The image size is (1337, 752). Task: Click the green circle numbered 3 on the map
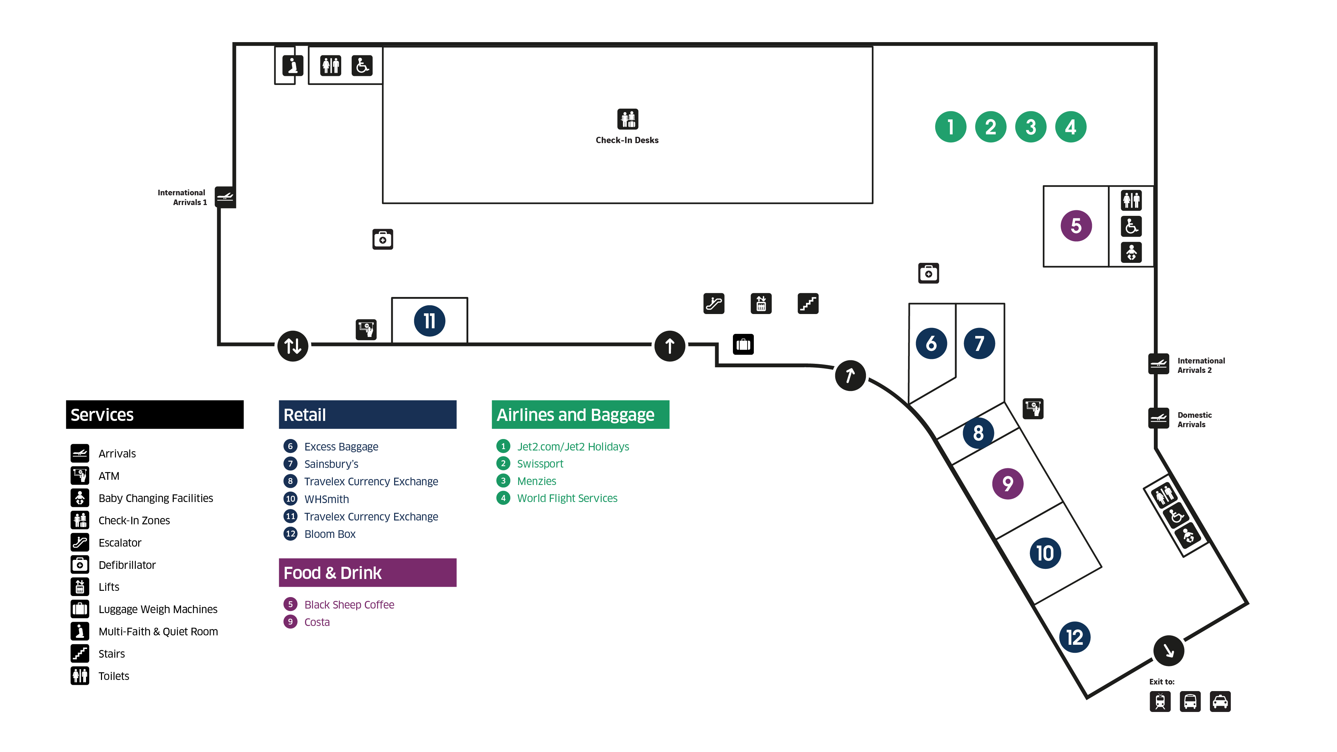coord(1030,127)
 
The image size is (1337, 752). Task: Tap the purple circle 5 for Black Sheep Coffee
coord(1076,226)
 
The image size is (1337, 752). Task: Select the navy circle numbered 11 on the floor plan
coord(429,321)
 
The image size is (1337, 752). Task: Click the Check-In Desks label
coord(627,140)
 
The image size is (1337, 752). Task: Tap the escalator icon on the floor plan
coord(714,304)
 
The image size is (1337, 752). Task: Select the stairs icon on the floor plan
coord(808,304)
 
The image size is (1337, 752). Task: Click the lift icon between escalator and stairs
coord(761,304)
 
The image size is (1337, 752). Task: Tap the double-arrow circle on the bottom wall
coord(293,346)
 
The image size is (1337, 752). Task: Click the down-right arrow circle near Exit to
coord(1168,650)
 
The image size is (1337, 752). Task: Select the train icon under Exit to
coord(1160,702)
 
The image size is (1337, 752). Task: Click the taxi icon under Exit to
coord(1220,702)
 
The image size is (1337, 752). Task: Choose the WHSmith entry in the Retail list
coord(327,499)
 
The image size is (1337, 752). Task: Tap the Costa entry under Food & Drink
coord(316,622)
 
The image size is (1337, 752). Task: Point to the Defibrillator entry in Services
coord(127,565)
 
